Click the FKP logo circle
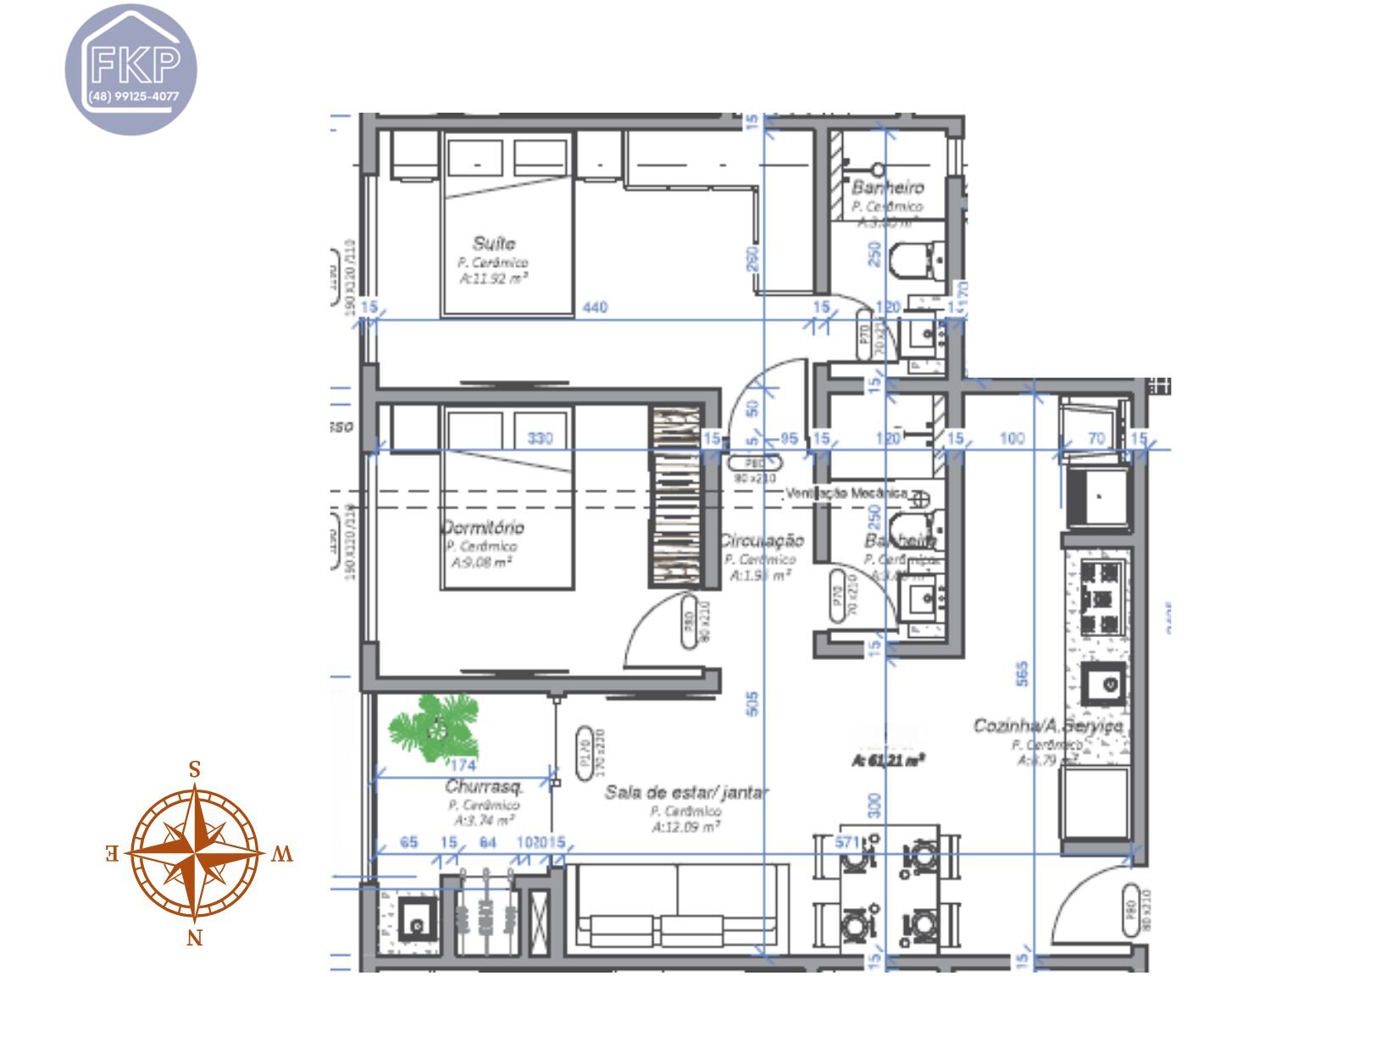130,69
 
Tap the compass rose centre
196,852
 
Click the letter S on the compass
194,770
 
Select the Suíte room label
494,244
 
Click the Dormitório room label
482,527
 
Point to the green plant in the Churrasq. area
435,727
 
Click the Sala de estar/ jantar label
686,793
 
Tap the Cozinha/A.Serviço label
1047,726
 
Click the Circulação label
760,541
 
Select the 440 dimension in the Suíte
595,308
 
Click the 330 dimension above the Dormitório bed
540,438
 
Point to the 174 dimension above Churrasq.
463,766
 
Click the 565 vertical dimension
1022,674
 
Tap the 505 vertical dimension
752,703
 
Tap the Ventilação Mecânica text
846,493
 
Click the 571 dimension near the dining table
846,842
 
